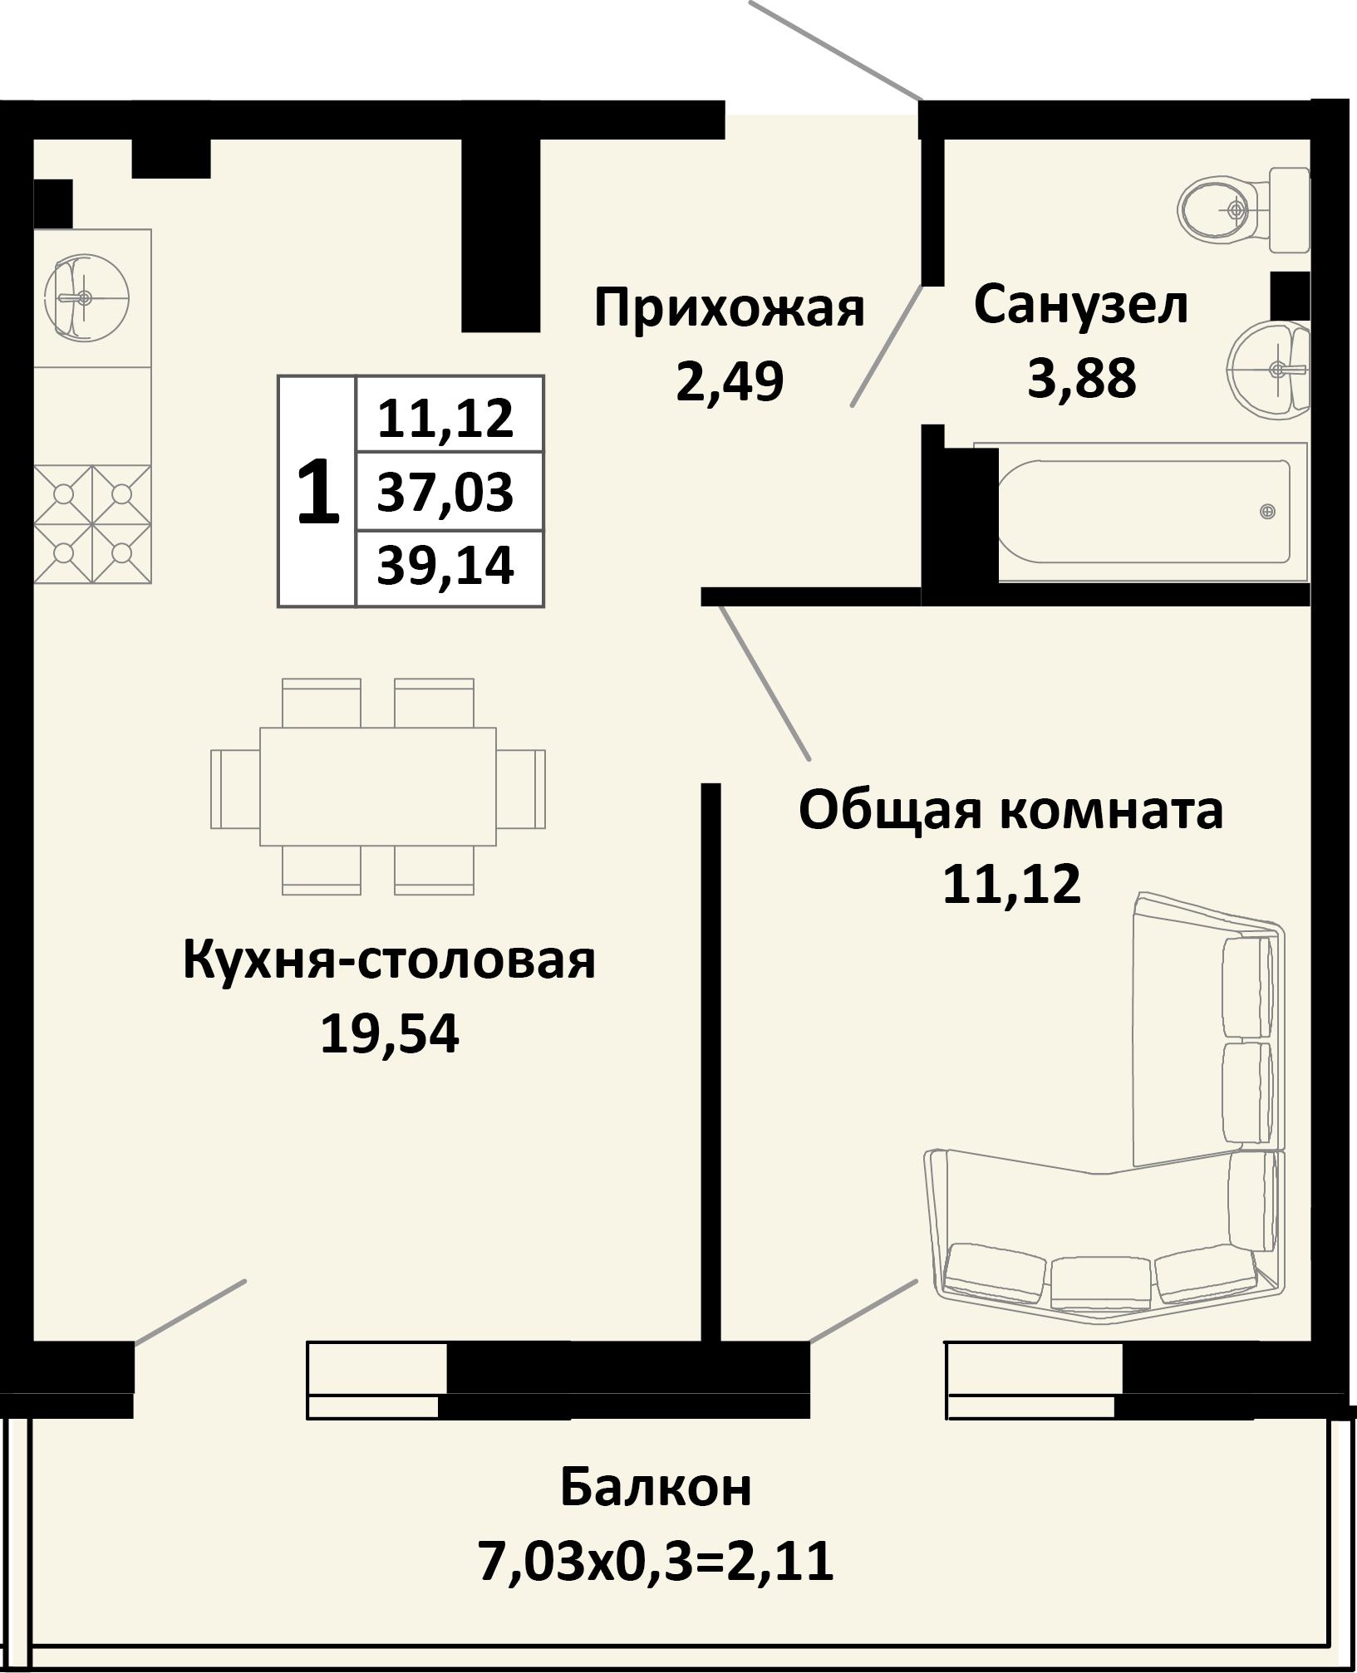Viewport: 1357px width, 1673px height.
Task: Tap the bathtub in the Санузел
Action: pos(1152,512)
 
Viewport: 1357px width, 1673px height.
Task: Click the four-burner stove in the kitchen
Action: pos(92,523)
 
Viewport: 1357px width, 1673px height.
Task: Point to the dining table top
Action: pos(378,787)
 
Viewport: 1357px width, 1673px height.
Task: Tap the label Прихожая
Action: pos(730,308)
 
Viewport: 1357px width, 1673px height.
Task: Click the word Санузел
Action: pos(1080,304)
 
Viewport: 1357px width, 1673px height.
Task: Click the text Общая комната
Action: pos(1010,810)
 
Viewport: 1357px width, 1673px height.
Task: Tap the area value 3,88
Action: pos(1081,379)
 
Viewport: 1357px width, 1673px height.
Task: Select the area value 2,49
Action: pos(730,382)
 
